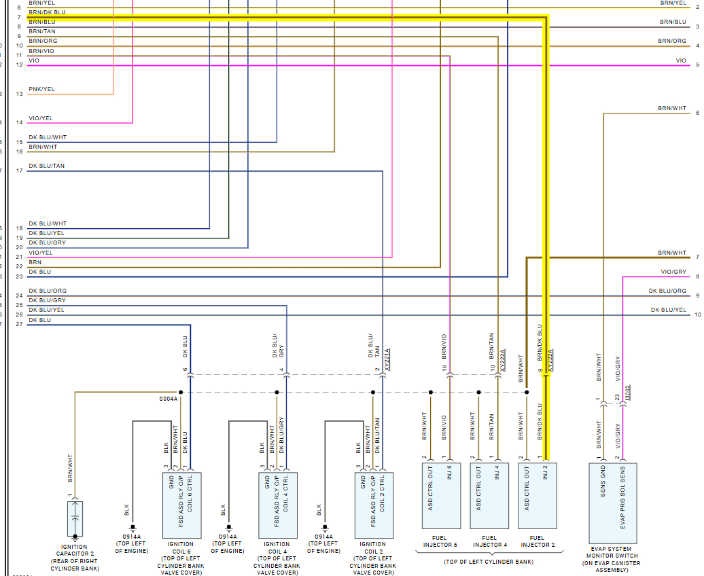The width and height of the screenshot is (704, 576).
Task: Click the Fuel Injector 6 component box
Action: point(441,495)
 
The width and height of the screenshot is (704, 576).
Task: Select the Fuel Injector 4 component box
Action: point(489,495)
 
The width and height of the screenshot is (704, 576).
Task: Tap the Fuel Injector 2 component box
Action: point(538,495)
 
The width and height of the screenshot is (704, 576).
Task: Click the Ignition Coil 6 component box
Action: point(181,504)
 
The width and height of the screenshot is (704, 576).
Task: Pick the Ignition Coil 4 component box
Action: point(278,504)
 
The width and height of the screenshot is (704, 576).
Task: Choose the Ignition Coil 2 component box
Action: point(374,504)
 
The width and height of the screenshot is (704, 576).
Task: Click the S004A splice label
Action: point(167,399)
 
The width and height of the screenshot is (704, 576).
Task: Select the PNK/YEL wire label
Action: point(41,89)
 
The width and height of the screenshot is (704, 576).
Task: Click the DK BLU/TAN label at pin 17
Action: point(47,166)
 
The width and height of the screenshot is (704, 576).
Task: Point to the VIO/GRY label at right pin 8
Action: point(673,272)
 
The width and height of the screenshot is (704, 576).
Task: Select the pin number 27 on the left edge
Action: point(19,324)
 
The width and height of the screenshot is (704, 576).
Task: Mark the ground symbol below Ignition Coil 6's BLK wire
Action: point(133,528)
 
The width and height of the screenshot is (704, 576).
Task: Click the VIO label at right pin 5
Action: point(681,60)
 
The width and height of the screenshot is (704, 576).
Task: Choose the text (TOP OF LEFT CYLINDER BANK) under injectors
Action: point(488,562)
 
